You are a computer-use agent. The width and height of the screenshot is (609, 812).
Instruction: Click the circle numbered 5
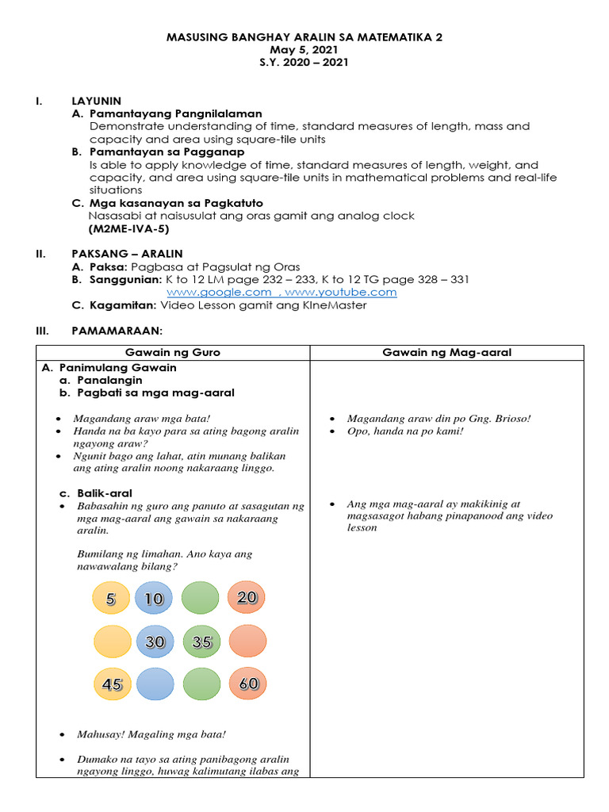(x=110, y=599)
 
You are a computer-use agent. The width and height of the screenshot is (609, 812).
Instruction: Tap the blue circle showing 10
(x=155, y=599)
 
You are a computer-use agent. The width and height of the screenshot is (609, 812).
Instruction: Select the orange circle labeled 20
(x=247, y=597)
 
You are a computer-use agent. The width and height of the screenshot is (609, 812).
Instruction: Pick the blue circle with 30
(x=155, y=642)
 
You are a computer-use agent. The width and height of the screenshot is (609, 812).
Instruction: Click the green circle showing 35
(x=201, y=642)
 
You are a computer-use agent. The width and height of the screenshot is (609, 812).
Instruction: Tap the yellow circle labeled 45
(x=113, y=684)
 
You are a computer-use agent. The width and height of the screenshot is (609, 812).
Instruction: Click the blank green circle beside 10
(x=201, y=599)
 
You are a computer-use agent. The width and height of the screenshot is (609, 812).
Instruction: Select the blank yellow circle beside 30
(x=111, y=642)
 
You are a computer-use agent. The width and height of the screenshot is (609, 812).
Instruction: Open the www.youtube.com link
(x=346, y=293)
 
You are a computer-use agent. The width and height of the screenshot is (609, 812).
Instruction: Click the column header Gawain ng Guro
(x=173, y=353)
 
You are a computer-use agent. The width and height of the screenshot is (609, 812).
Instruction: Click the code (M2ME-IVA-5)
(x=128, y=228)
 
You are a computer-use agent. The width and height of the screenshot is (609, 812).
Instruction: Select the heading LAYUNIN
(x=96, y=101)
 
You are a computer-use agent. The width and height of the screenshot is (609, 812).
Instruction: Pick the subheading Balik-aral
(x=105, y=492)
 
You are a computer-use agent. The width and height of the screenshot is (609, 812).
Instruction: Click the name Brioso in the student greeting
(x=511, y=419)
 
